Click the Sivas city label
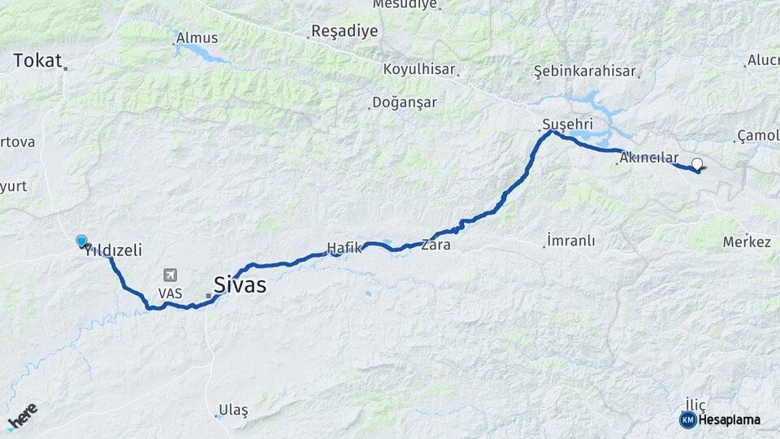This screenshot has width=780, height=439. click(240, 285)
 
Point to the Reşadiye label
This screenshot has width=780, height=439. click(344, 32)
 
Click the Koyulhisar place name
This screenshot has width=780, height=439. click(418, 69)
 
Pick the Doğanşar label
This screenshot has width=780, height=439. click(404, 102)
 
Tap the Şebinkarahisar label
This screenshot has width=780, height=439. click(584, 71)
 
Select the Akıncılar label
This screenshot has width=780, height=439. click(648, 158)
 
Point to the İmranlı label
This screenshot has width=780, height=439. click(571, 241)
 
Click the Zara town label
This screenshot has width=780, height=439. click(435, 243)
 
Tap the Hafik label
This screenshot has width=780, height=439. click(342, 247)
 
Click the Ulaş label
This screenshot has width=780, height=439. click(233, 411)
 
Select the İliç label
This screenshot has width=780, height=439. click(695, 404)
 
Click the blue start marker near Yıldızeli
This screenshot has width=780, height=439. click(81, 241)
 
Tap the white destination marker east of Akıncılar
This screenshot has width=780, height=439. click(696, 163)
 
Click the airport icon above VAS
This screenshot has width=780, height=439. click(171, 276)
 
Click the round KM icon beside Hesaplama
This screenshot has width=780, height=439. click(688, 419)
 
